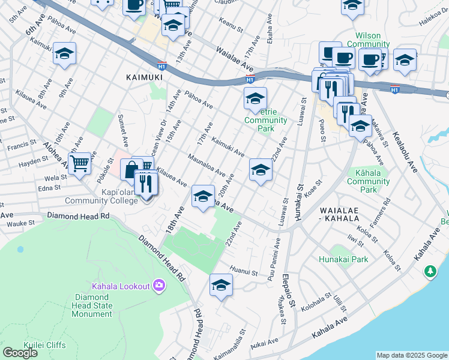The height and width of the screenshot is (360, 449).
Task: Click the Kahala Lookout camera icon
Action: pos(159,285)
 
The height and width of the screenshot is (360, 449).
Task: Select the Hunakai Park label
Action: pos(343,260)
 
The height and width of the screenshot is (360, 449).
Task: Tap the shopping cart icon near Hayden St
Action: pos(79,163)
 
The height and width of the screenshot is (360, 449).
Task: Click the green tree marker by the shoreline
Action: pos(430,272)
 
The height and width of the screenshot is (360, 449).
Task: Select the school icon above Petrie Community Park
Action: pos(255,98)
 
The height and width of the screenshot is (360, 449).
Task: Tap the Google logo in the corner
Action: pos(20,352)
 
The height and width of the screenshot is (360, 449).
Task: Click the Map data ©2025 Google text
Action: pos(412,355)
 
